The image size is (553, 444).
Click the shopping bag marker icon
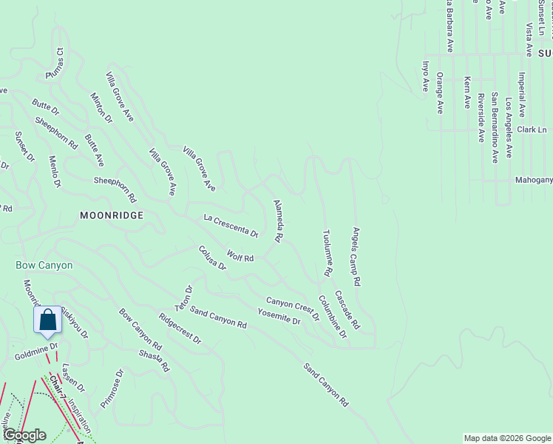click(x=48, y=320)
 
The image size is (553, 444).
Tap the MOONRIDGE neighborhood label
click(x=111, y=214)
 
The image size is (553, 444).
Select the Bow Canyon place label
click(x=44, y=265)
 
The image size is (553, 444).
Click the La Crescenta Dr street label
click(x=231, y=226)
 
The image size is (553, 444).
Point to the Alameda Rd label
click(x=278, y=221)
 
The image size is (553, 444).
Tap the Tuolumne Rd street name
click(x=326, y=253)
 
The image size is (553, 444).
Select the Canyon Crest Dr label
click(x=293, y=308)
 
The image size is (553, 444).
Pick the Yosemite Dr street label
click(x=279, y=317)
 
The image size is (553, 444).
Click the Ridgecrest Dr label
click(x=180, y=329)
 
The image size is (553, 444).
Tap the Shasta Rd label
click(x=155, y=360)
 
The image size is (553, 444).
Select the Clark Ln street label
click(x=531, y=129)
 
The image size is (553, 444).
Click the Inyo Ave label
click(x=425, y=76)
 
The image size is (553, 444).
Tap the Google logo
click(x=24, y=435)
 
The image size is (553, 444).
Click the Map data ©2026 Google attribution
click(x=506, y=438)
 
